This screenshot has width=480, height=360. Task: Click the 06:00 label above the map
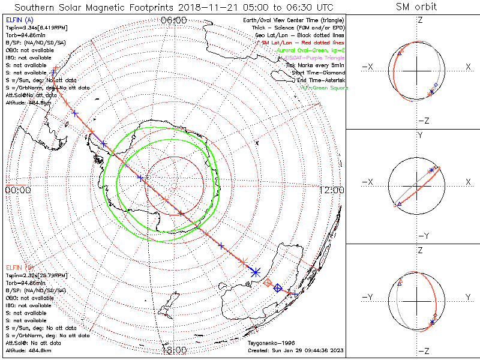pyautogui.click(x=174, y=20)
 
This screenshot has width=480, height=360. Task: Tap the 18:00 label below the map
pyautogui.click(x=174, y=350)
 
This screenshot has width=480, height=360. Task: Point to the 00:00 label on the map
pyautogui.click(x=18, y=190)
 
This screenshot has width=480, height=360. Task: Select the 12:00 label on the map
pyautogui.click(x=332, y=190)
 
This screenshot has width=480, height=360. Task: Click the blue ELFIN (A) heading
pyautogui.click(x=19, y=20)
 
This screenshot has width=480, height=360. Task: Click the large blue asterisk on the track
pyautogui.click(x=255, y=272)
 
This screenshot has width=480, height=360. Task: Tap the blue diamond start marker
pyautogui.click(x=278, y=289)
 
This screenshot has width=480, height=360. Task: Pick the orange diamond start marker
pyautogui.click(x=268, y=282)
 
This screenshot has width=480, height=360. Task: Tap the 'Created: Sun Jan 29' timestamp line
pyautogui.click(x=296, y=350)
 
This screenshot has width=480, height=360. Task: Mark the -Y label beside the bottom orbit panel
pyautogui.click(x=369, y=297)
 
